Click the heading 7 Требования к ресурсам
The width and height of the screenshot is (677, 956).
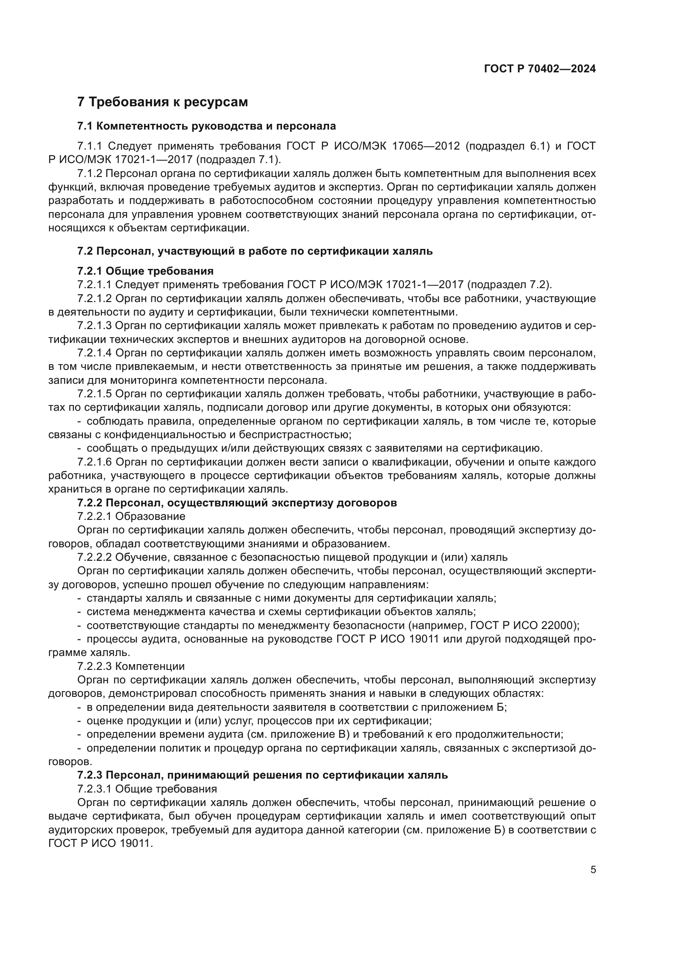162,102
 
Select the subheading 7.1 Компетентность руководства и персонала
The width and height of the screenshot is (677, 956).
206,126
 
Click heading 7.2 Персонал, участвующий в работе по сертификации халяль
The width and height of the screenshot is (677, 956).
255,251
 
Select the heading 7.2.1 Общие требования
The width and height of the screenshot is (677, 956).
145,271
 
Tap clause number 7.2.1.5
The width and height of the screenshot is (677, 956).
94,394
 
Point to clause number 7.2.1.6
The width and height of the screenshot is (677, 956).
94,462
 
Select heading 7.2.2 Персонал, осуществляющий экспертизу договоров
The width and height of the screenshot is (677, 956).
237,503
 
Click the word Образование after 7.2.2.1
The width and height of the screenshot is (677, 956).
150,517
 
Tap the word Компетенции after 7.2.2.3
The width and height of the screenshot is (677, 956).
150,667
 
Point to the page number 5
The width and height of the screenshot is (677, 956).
593,870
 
